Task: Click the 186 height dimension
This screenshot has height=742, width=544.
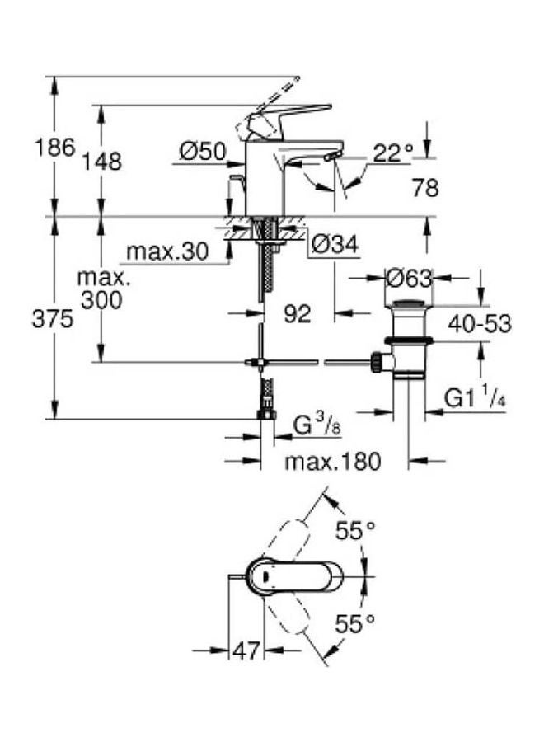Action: click(55, 148)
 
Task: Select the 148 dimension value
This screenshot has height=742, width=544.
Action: click(101, 161)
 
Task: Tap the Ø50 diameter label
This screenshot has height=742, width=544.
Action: click(203, 152)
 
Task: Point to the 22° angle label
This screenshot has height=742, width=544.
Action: click(392, 153)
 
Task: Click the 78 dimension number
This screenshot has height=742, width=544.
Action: click(425, 188)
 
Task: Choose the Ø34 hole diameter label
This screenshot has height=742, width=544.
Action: click(335, 245)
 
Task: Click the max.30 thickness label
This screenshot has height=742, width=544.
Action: click(167, 251)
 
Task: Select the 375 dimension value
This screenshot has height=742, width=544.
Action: click(53, 319)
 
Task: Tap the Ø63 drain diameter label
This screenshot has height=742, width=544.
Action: click(409, 279)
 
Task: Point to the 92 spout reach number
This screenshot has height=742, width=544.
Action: click(298, 314)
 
